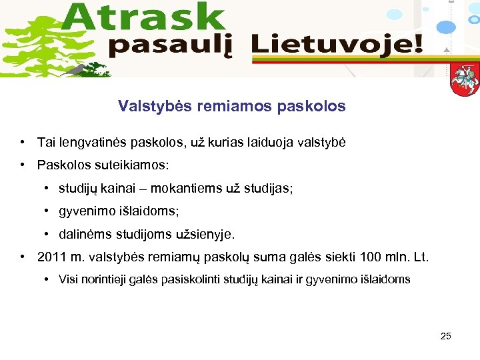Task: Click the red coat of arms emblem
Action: [464, 79]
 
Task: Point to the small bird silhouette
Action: [79, 69]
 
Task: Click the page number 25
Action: [446, 336]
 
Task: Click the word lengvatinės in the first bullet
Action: [91, 143]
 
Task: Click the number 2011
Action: [51, 257]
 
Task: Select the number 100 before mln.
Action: [370, 257]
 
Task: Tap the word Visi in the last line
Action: [69, 279]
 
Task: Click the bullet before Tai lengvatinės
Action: [23, 143]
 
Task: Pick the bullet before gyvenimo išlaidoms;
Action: [48, 211]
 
